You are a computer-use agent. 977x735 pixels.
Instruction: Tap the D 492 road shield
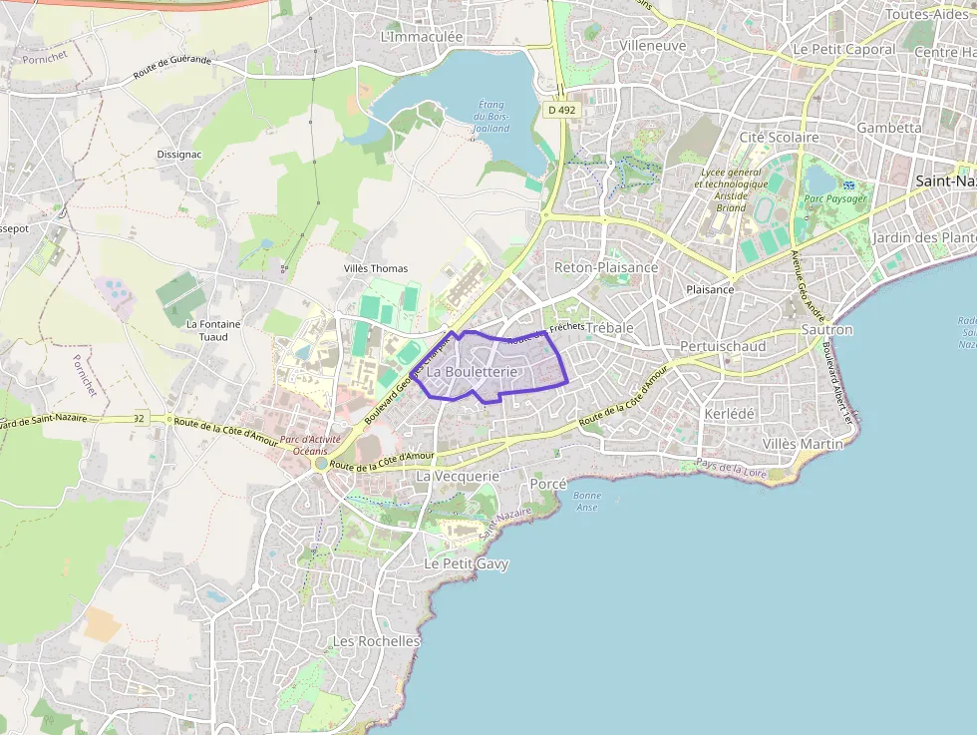561,110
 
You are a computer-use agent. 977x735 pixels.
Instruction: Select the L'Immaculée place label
422,36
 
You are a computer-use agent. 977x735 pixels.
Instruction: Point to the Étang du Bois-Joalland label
491,117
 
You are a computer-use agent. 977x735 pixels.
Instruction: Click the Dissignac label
180,155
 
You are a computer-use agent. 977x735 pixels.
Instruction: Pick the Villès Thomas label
376,268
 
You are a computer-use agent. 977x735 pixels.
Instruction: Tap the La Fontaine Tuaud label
213,330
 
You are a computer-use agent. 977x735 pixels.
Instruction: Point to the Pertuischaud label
723,346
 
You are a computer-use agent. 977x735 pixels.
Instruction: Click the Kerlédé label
730,413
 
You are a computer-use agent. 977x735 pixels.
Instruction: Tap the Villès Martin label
803,443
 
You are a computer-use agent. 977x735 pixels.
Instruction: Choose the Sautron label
826,329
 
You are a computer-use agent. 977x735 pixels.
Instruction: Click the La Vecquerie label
457,477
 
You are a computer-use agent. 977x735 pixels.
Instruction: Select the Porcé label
548,484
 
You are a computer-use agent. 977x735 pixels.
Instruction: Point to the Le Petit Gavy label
466,563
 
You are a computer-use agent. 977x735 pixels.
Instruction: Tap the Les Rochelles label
376,641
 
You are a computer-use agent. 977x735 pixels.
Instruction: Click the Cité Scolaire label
779,137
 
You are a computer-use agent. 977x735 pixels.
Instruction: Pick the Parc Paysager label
835,198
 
